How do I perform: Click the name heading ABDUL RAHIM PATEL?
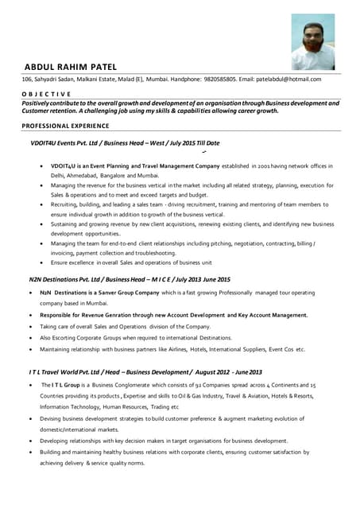[71, 66]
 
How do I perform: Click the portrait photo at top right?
[312, 41]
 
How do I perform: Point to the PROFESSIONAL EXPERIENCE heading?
[65, 126]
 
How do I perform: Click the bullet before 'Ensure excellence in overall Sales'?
[41, 262]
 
